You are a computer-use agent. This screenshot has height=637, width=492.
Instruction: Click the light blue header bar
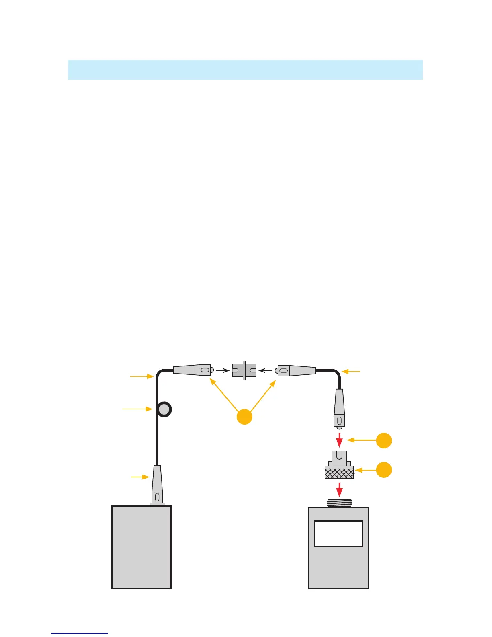click(x=245, y=70)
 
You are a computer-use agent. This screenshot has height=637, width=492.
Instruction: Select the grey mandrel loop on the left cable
click(x=164, y=410)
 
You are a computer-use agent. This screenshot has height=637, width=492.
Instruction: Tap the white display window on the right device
click(x=338, y=534)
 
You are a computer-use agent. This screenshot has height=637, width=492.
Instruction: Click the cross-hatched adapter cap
click(x=339, y=472)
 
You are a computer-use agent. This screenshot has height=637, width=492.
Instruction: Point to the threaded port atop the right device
click(x=339, y=503)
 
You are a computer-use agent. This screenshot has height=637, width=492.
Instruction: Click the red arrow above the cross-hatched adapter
click(x=340, y=440)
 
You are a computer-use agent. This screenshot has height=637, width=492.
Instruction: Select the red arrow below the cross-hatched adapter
click(x=340, y=489)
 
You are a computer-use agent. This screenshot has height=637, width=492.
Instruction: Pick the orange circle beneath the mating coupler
click(x=244, y=417)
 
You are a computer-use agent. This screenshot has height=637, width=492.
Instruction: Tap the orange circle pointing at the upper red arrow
click(x=384, y=440)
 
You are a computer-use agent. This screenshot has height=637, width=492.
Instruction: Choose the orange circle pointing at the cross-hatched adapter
click(x=384, y=470)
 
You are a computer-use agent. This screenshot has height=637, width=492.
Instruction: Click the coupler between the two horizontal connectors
click(x=244, y=370)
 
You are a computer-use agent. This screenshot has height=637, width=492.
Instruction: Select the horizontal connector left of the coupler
click(x=192, y=370)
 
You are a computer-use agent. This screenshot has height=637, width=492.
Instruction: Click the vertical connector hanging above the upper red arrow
click(x=340, y=408)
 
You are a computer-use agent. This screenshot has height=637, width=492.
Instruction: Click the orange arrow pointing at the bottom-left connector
click(x=140, y=477)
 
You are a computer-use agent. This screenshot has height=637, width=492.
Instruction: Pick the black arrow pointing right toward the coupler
click(x=222, y=370)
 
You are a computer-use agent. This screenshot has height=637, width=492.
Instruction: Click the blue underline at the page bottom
click(x=80, y=633)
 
